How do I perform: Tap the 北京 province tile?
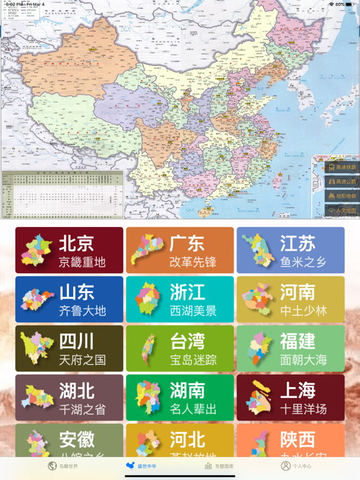tap(69, 250)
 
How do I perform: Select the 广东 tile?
tap(180, 250)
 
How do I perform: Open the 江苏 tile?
tap(291, 250)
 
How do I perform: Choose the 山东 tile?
tap(69, 299)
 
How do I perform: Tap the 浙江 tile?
tap(180, 299)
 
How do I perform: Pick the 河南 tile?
tap(291, 299)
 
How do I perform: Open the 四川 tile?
tap(69, 349)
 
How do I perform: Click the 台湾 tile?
tap(180, 349)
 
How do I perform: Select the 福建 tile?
tap(291, 349)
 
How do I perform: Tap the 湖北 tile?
tap(69, 397)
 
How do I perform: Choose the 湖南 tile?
tap(180, 397)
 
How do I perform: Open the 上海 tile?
tap(291, 397)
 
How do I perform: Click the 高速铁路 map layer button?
tap(341, 167)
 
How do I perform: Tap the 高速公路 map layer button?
tap(341, 182)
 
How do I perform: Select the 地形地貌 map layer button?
tap(341, 196)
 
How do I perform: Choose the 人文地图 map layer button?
tap(341, 211)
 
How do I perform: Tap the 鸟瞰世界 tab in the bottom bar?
tap(63, 466)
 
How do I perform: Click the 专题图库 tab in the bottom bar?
tap(219, 466)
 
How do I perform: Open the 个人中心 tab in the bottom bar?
tap(296, 466)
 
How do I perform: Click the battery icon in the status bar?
tap(350, 4)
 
